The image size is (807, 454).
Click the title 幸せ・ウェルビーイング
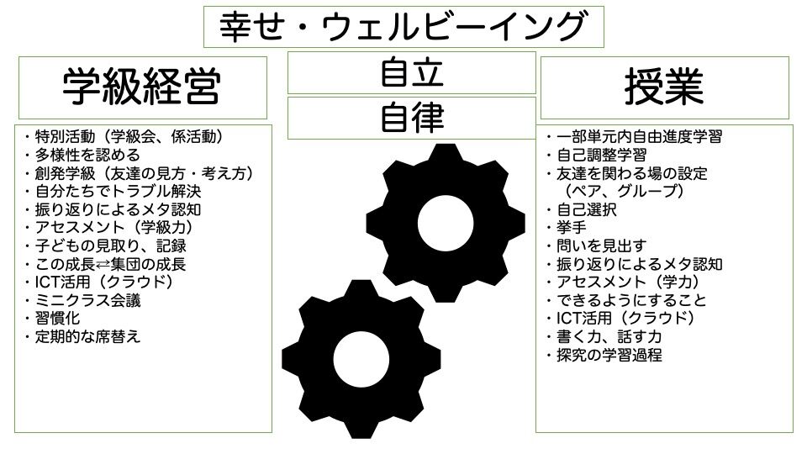(x=403, y=28)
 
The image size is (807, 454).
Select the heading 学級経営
(x=142, y=86)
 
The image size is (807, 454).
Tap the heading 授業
(x=663, y=86)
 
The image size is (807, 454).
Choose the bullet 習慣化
(x=59, y=319)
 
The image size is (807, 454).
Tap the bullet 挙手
(x=572, y=228)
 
